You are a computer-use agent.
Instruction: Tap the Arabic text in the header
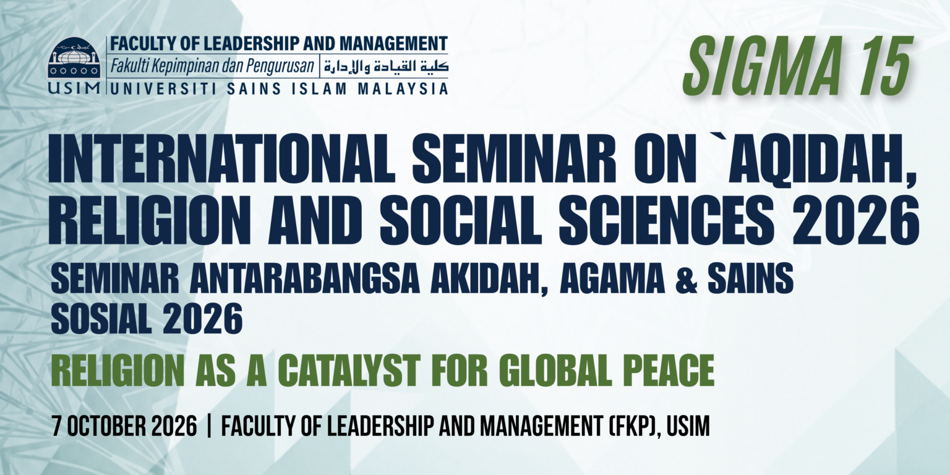385,67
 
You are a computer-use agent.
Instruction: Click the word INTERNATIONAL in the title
221,158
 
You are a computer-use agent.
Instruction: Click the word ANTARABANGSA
304,278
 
